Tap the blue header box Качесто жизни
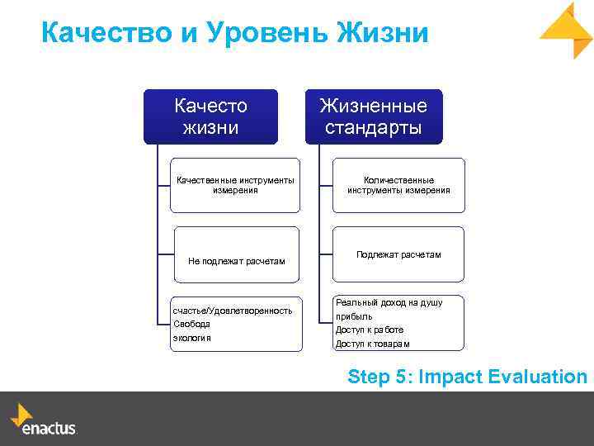click(x=211, y=116)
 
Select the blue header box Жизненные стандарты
click(x=375, y=116)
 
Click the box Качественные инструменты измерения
click(x=235, y=185)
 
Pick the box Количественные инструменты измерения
click(x=398, y=185)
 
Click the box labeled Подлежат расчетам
click(x=398, y=254)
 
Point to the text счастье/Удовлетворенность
click(x=232, y=311)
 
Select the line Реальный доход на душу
click(x=389, y=302)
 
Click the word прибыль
click(x=354, y=316)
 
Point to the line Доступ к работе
click(x=369, y=330)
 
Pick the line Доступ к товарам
click(x=372, y=343)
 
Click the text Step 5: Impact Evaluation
click(x=467, y=377)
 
